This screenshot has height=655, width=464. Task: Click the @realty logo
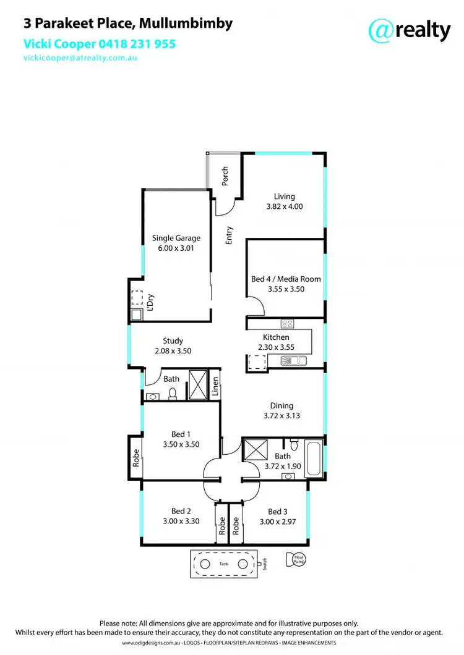pos(409,29)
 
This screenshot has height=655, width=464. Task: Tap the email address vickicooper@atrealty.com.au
pos(80,57)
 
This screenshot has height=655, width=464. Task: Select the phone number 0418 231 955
pos(135,44)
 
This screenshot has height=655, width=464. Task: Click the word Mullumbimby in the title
pos(186,24)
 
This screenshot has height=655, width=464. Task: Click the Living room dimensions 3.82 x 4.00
pos(284,207)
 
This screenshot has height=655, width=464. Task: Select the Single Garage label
pos(176,238)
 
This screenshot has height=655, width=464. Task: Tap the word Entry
pos(229,235)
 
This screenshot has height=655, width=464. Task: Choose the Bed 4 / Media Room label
pos(286,279)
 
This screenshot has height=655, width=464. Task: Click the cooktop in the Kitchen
pos(288,323)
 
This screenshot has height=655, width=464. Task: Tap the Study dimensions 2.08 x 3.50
pos(173,350)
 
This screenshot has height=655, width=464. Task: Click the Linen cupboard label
pos(215,386)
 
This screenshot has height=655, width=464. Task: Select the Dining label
pos(281,406)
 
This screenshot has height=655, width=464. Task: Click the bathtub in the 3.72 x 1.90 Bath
pos(314,458)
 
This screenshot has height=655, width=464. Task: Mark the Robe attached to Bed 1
pos(134,458)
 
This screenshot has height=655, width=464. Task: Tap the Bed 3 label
pos(277,512)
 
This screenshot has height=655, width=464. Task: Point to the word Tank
pos(223,564)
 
